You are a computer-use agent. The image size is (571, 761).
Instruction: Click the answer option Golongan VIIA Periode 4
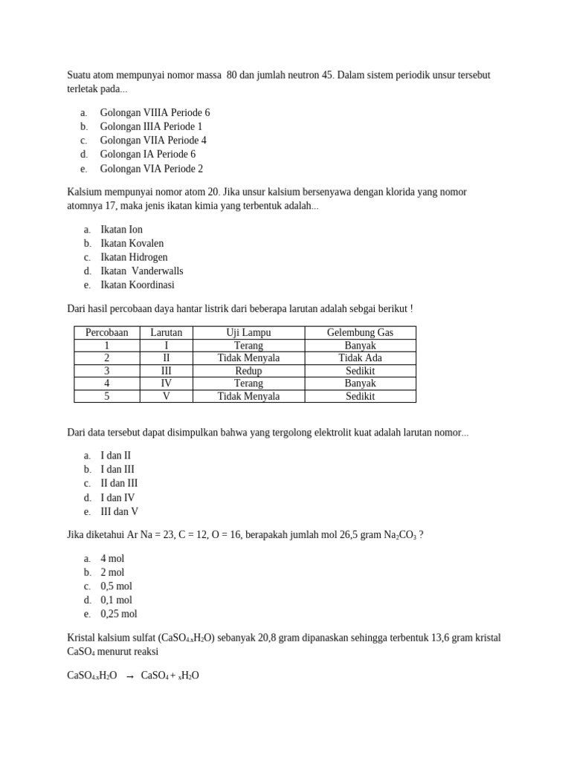pos(153,140)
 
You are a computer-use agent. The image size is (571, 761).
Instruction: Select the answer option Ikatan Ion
pos(121,230)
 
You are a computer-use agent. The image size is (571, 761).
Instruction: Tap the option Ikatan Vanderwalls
pos(141,271)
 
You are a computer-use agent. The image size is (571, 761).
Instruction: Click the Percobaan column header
pos(107,332)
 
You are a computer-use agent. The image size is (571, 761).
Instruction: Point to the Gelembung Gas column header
pos(360,332)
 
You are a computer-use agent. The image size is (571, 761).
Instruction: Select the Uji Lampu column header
pos(248,332)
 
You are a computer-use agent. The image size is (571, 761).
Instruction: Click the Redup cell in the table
pos(248,371)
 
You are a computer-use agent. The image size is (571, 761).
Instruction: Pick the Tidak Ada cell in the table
pos(360,358)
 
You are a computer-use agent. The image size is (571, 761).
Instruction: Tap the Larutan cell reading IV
pos(167,383)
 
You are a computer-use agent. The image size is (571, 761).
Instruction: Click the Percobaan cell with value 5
pos(107,396)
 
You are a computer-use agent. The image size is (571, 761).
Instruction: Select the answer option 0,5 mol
pos(117,586)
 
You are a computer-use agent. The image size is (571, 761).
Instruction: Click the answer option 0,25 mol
pos(119,614)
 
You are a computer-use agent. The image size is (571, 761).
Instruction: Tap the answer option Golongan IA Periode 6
pos(148,155)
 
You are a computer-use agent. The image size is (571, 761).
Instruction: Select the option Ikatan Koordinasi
pos(138,285)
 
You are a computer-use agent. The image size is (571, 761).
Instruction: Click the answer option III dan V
pos(119,512)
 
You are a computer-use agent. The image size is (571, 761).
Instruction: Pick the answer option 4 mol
pos(112,558)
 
